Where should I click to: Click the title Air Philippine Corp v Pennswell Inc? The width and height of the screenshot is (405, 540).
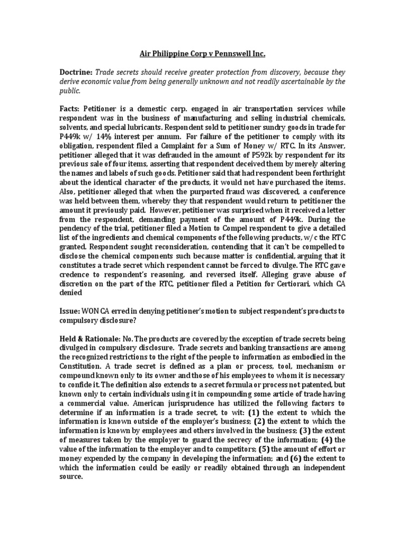202,54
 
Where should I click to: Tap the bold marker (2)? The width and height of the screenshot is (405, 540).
259,421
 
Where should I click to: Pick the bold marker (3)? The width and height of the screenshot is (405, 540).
307,430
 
